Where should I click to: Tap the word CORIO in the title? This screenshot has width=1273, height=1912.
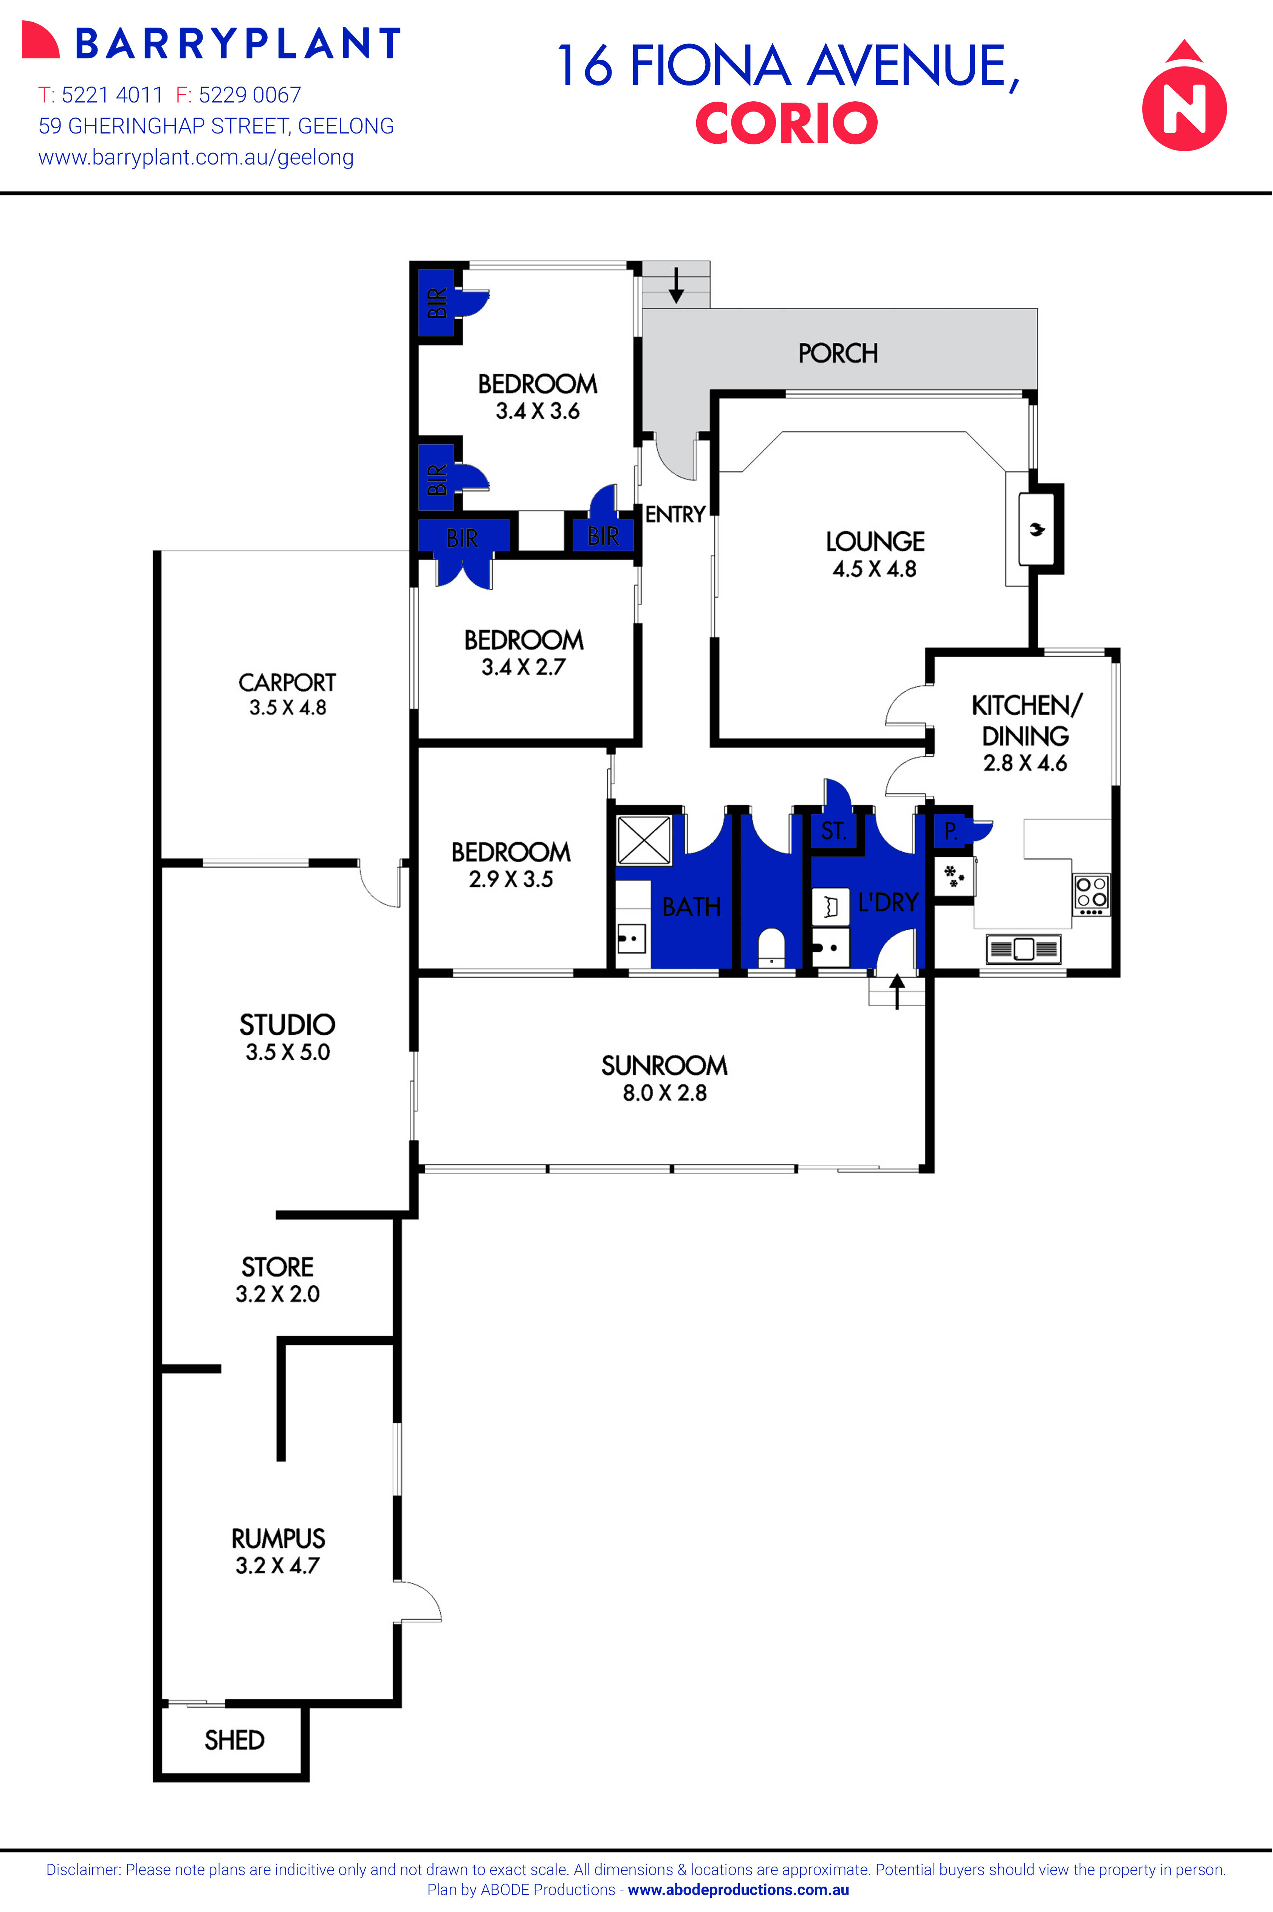786,123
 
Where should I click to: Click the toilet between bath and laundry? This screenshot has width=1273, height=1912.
771,946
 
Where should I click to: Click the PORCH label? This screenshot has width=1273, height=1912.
838,353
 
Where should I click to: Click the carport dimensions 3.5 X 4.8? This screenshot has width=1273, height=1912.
287,708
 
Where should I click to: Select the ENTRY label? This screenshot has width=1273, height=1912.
675,514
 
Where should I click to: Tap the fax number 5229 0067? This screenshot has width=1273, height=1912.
249,95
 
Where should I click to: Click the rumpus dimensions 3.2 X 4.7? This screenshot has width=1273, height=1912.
278,1565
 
